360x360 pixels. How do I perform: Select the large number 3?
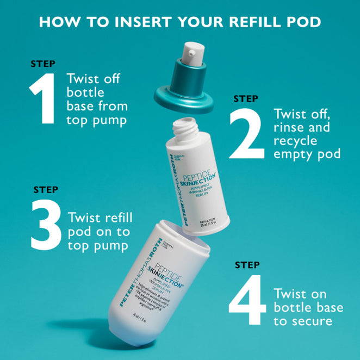[x=46, y=226]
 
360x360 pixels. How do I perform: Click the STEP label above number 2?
[x=246, y=98]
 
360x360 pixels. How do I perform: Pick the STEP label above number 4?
[x=248, y=265]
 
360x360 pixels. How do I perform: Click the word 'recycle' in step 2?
[x=294, y=141]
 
